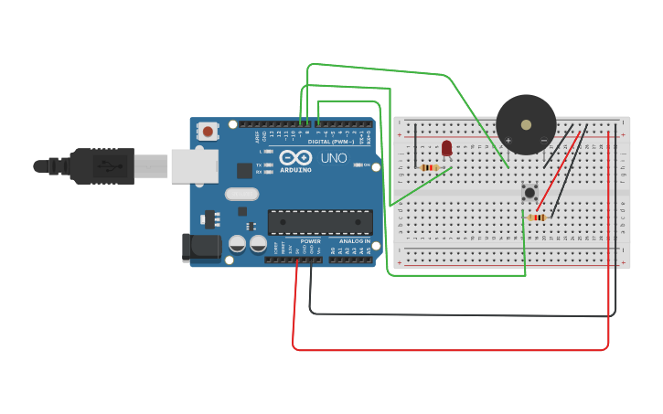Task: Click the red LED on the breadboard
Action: [x=447, y=148]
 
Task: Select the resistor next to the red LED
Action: [x=430, y=167]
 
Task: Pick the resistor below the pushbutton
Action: [x=537, y=218]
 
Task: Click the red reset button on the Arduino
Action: [x=208, y=132]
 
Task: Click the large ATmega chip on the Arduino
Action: [x=319, y=222]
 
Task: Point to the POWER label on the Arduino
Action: [x=311, y=241]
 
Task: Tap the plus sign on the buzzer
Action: [x=508, y=140]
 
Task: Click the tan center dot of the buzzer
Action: [x=525, y=124]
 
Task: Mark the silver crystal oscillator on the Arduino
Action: [x=242, y=194]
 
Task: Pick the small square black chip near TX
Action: [x=244, y=170]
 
